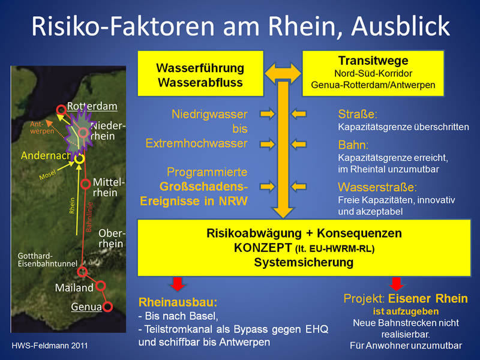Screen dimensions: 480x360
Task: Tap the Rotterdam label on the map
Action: pos(92,106)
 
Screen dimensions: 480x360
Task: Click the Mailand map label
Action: pos(74,288)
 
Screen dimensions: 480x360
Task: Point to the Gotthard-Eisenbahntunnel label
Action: pos(47,260)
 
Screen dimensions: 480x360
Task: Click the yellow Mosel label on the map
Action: pos(48,175)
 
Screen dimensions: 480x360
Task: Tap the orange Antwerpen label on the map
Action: pos(42,128)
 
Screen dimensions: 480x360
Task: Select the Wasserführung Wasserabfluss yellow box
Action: pos(200,73)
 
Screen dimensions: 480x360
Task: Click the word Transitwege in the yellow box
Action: pos(373,61)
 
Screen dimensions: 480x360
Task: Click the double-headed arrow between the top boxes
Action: pos(283,73)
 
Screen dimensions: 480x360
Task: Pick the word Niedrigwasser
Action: pos(209,114)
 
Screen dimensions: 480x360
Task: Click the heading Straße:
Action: pos(358,114)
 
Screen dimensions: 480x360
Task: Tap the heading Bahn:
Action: pos(353,145)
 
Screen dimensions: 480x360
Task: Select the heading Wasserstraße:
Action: pos(377,187)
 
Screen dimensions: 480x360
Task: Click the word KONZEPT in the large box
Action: pos(263,248)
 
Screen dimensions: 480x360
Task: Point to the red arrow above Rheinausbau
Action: pos(178,284)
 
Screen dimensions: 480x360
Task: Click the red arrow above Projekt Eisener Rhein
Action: pos(397,284)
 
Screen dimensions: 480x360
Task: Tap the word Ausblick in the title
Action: pos(400,26)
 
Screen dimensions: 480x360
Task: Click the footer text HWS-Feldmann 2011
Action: pos(50,346)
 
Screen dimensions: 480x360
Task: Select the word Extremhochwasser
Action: pos(197,143)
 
